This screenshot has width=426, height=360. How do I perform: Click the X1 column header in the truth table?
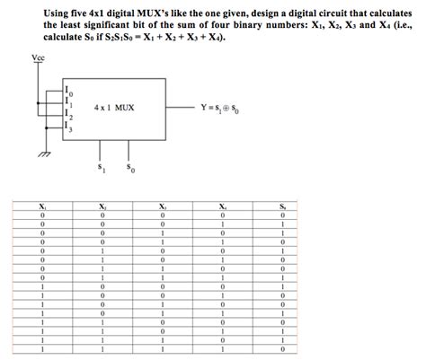coord(41,207)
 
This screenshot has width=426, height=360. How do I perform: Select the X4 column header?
coord(222,207)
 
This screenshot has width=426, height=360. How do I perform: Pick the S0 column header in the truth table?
coord(282,207)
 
